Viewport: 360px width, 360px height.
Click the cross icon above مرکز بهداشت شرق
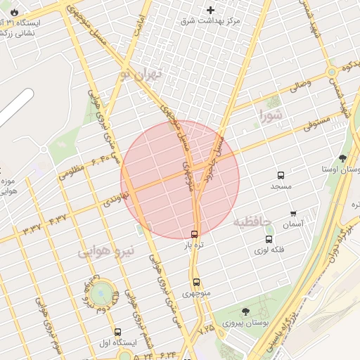(210, 10)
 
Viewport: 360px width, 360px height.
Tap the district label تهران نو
(141, 74)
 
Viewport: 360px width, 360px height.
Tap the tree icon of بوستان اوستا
(342, 158)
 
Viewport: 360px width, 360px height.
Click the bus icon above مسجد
(281, 175)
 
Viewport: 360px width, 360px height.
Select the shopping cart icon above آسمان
(293, 213)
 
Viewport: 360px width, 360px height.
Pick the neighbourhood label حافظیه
(252, 222)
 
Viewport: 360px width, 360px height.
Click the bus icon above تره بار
(194, 234)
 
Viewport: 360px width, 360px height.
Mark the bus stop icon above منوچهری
(196, 281)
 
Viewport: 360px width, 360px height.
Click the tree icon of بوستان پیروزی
(245, 311)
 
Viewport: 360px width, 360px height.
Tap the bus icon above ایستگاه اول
(117, 332)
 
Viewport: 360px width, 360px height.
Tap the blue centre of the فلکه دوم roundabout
(103, 290)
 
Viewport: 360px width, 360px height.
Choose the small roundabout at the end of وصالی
(331, 72)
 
